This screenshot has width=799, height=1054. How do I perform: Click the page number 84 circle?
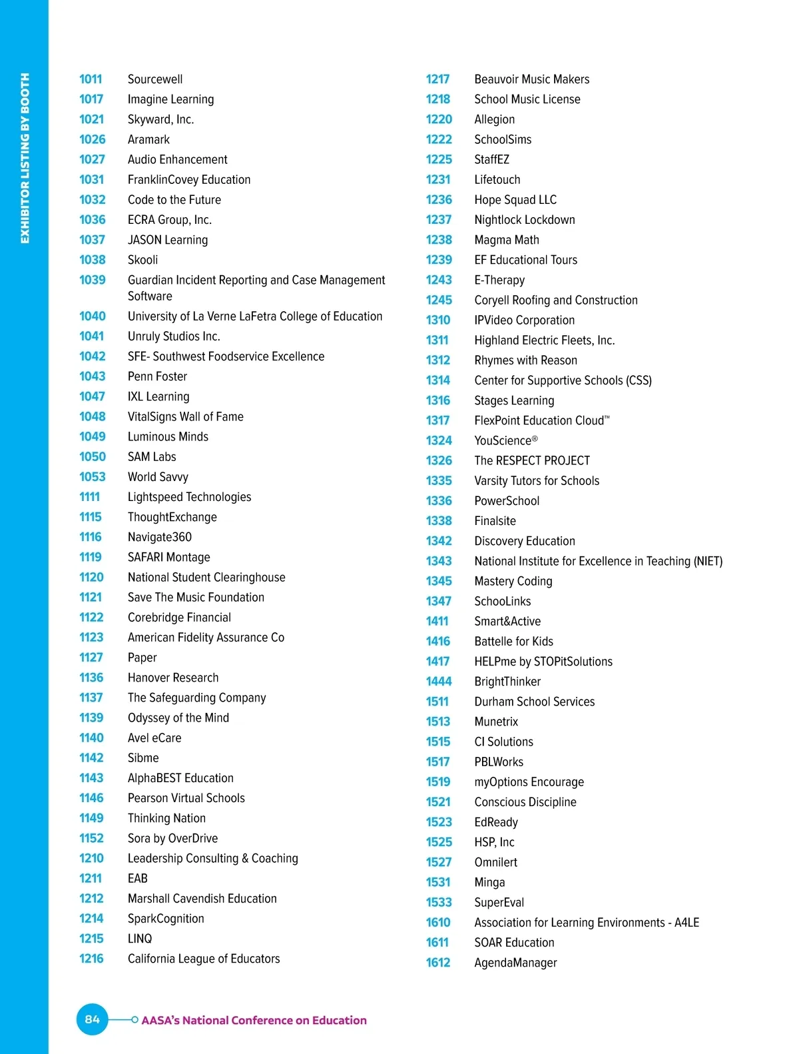[92, 1019]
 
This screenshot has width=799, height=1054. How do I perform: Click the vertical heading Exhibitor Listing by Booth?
[25, 159]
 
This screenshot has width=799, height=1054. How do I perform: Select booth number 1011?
[91, 79]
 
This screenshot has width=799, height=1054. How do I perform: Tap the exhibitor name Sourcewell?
[155, 79]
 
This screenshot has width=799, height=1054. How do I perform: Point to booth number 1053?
[93, 477]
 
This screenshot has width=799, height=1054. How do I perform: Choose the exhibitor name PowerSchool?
[507, 501]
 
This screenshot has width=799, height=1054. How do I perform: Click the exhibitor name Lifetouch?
[497, 180]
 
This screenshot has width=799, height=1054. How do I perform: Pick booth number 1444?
[439, 682]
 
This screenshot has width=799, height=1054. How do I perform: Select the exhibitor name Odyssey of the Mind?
[178, 718]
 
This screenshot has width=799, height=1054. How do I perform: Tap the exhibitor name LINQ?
[140, 939]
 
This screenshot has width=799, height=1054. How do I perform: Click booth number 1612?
[438, 963]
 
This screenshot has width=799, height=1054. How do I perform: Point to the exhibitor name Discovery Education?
[525, 541]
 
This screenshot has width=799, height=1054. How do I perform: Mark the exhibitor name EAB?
[138, 879]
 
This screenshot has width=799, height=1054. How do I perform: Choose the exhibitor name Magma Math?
[507, 240]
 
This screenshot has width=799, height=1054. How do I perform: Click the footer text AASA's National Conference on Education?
[254, 1020]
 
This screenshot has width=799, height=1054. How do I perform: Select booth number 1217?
[437, 79]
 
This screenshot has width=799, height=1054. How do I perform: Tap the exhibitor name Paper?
[142, 658]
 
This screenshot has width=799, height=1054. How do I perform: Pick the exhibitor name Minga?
[489, 882]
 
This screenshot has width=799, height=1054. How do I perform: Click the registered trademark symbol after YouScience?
[535, 438]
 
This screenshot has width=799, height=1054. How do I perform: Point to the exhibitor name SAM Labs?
[152, 457]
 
